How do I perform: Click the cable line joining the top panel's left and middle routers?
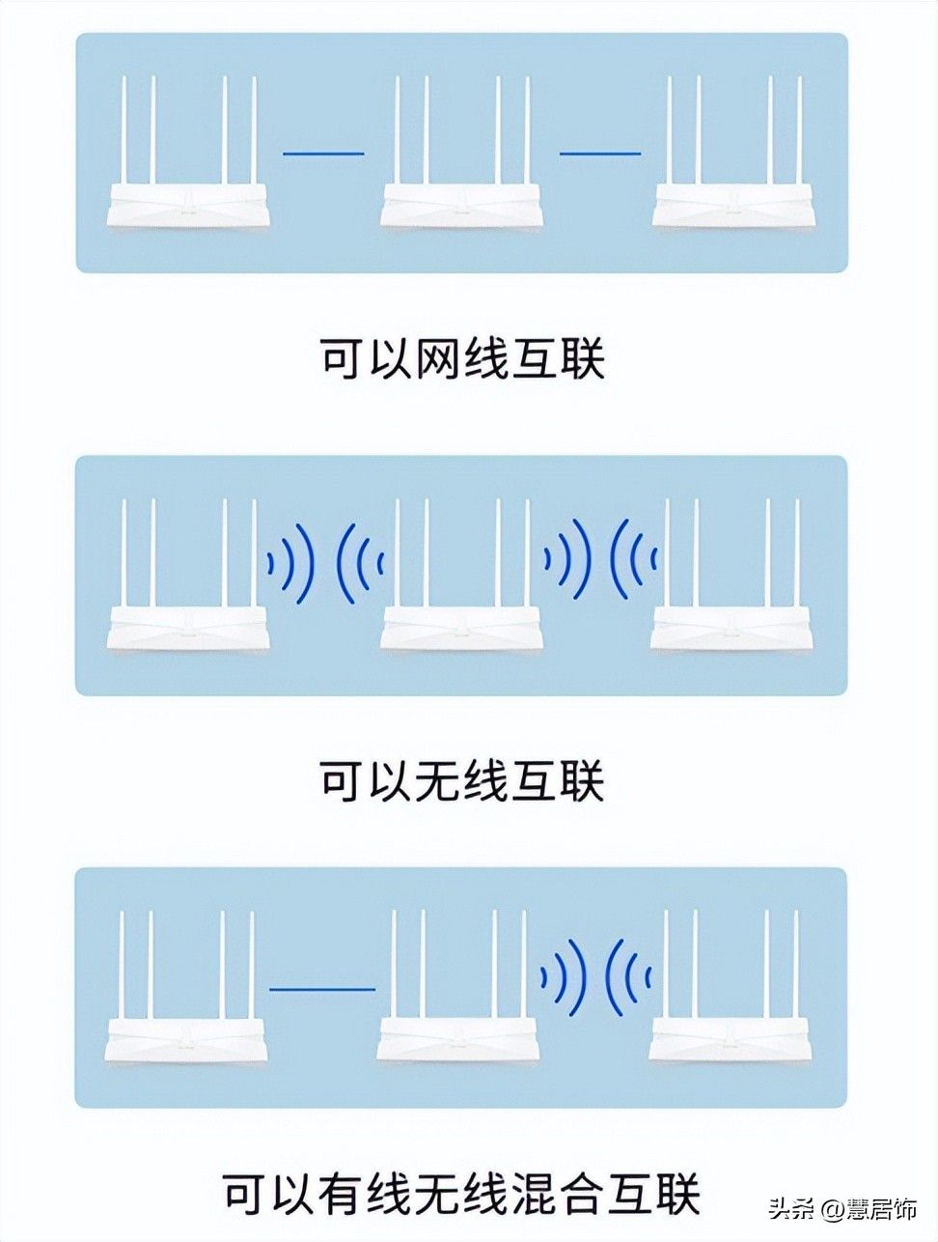click(x=322, y=153)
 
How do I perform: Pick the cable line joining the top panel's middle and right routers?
click(x=600, y=153)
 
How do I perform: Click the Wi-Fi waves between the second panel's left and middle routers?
click(x=325, y=560)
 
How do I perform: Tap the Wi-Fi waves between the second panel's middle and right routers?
click(x=601, y=560)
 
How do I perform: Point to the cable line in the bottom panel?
click(x=321, y=989)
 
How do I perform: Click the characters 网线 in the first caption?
click(x=461, y=360)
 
